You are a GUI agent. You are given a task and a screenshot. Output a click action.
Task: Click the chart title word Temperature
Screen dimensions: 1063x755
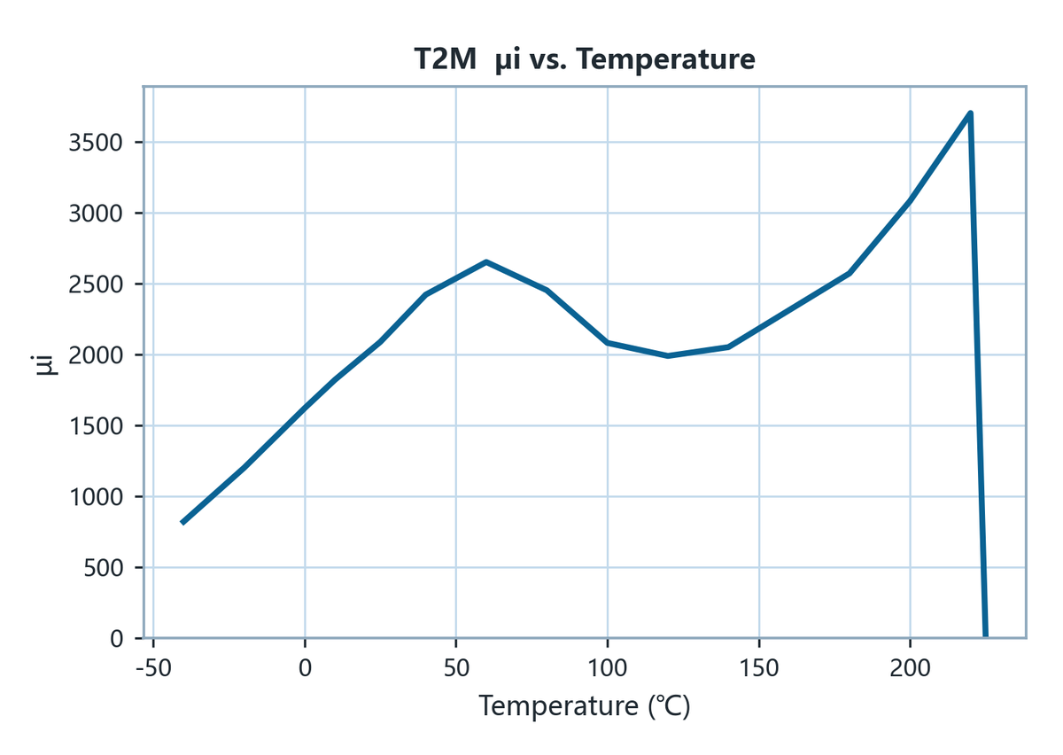(665, 60)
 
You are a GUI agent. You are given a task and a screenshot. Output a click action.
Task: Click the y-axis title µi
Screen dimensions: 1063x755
(45, 365)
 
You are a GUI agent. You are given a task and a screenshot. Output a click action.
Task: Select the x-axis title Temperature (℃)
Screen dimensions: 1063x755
(584, 705)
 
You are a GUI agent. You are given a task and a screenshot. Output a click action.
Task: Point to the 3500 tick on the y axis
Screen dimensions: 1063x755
(96, 143)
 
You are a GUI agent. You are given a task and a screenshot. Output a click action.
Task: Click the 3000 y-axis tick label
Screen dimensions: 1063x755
(96, 214)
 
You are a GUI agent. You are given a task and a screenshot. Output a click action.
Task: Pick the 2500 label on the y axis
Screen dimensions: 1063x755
(96, 284)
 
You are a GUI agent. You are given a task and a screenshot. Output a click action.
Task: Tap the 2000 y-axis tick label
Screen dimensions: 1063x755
(96, 355)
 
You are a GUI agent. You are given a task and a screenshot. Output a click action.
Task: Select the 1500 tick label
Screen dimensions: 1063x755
(96, 426)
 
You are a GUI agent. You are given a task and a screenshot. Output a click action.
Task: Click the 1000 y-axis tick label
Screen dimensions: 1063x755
(96, 497)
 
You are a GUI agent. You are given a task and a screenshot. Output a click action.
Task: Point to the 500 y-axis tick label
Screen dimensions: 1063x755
(103, 568)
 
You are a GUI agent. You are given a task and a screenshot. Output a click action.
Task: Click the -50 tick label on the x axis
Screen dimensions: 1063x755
(153, 668)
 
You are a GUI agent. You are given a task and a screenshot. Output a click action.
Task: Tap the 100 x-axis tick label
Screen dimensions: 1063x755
(608, 668)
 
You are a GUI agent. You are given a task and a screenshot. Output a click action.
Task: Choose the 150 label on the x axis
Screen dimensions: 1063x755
(759, 668)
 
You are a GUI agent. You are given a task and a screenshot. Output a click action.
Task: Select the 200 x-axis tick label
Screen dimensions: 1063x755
(911, 668)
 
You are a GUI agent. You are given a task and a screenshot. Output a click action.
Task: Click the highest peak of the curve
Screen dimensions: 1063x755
(971, 113)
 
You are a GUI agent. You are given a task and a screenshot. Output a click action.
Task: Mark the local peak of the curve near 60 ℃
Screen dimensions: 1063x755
(486, 261)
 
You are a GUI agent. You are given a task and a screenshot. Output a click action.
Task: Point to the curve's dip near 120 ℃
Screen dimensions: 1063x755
(668, 355)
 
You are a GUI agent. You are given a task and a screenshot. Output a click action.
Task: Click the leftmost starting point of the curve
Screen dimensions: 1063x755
(182, 523)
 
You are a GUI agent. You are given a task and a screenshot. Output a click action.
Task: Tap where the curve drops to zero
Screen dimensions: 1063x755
(986, 636)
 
